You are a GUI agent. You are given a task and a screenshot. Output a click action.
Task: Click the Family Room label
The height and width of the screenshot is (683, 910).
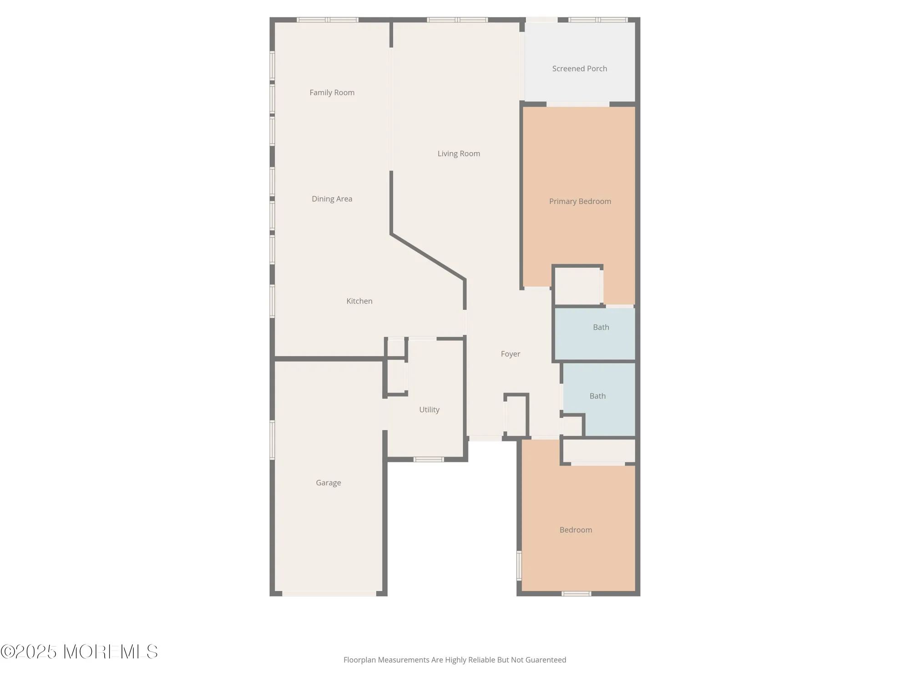click(332, 92)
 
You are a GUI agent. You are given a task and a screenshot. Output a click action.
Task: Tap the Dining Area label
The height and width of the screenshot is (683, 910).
click(332, 199)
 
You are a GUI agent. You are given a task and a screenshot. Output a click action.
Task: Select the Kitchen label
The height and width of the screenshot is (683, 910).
click(359, 301)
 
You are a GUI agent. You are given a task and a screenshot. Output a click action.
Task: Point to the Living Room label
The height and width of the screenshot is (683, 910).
click(459, 153)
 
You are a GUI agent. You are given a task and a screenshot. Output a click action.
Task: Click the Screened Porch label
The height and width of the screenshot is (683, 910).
click(579, 69)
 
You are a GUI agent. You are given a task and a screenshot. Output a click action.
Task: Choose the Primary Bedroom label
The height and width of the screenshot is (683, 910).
click(580, 201)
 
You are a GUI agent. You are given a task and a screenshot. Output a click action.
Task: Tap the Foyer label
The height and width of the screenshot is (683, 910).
click(510, 354)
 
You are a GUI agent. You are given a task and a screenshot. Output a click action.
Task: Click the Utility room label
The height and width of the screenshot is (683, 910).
click(429, 409)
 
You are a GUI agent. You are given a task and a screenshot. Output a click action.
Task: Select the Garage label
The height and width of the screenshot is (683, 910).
click(328, 483)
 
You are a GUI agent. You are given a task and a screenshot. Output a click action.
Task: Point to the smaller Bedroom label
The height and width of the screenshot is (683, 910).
click(576, 530)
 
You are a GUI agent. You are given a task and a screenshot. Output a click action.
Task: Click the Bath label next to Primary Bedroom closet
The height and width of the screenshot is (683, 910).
click(601, 327)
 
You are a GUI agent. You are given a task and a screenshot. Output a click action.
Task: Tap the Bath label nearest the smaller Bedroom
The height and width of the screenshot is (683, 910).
click(597, 396)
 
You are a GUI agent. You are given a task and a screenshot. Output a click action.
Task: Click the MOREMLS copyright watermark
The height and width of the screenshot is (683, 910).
click(79, 652)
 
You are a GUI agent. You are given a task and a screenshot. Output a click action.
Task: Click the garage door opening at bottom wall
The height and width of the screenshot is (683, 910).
click(329, 593)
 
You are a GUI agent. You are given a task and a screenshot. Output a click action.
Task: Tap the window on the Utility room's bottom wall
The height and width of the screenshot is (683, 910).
click(428, 459)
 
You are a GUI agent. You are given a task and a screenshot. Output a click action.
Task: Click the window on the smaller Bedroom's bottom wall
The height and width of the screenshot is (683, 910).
click(576, 593)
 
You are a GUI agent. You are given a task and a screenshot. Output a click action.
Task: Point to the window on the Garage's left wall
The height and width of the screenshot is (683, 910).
click(273, 439)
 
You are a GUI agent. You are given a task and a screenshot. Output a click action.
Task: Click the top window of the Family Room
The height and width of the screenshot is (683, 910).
click(327, 20)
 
